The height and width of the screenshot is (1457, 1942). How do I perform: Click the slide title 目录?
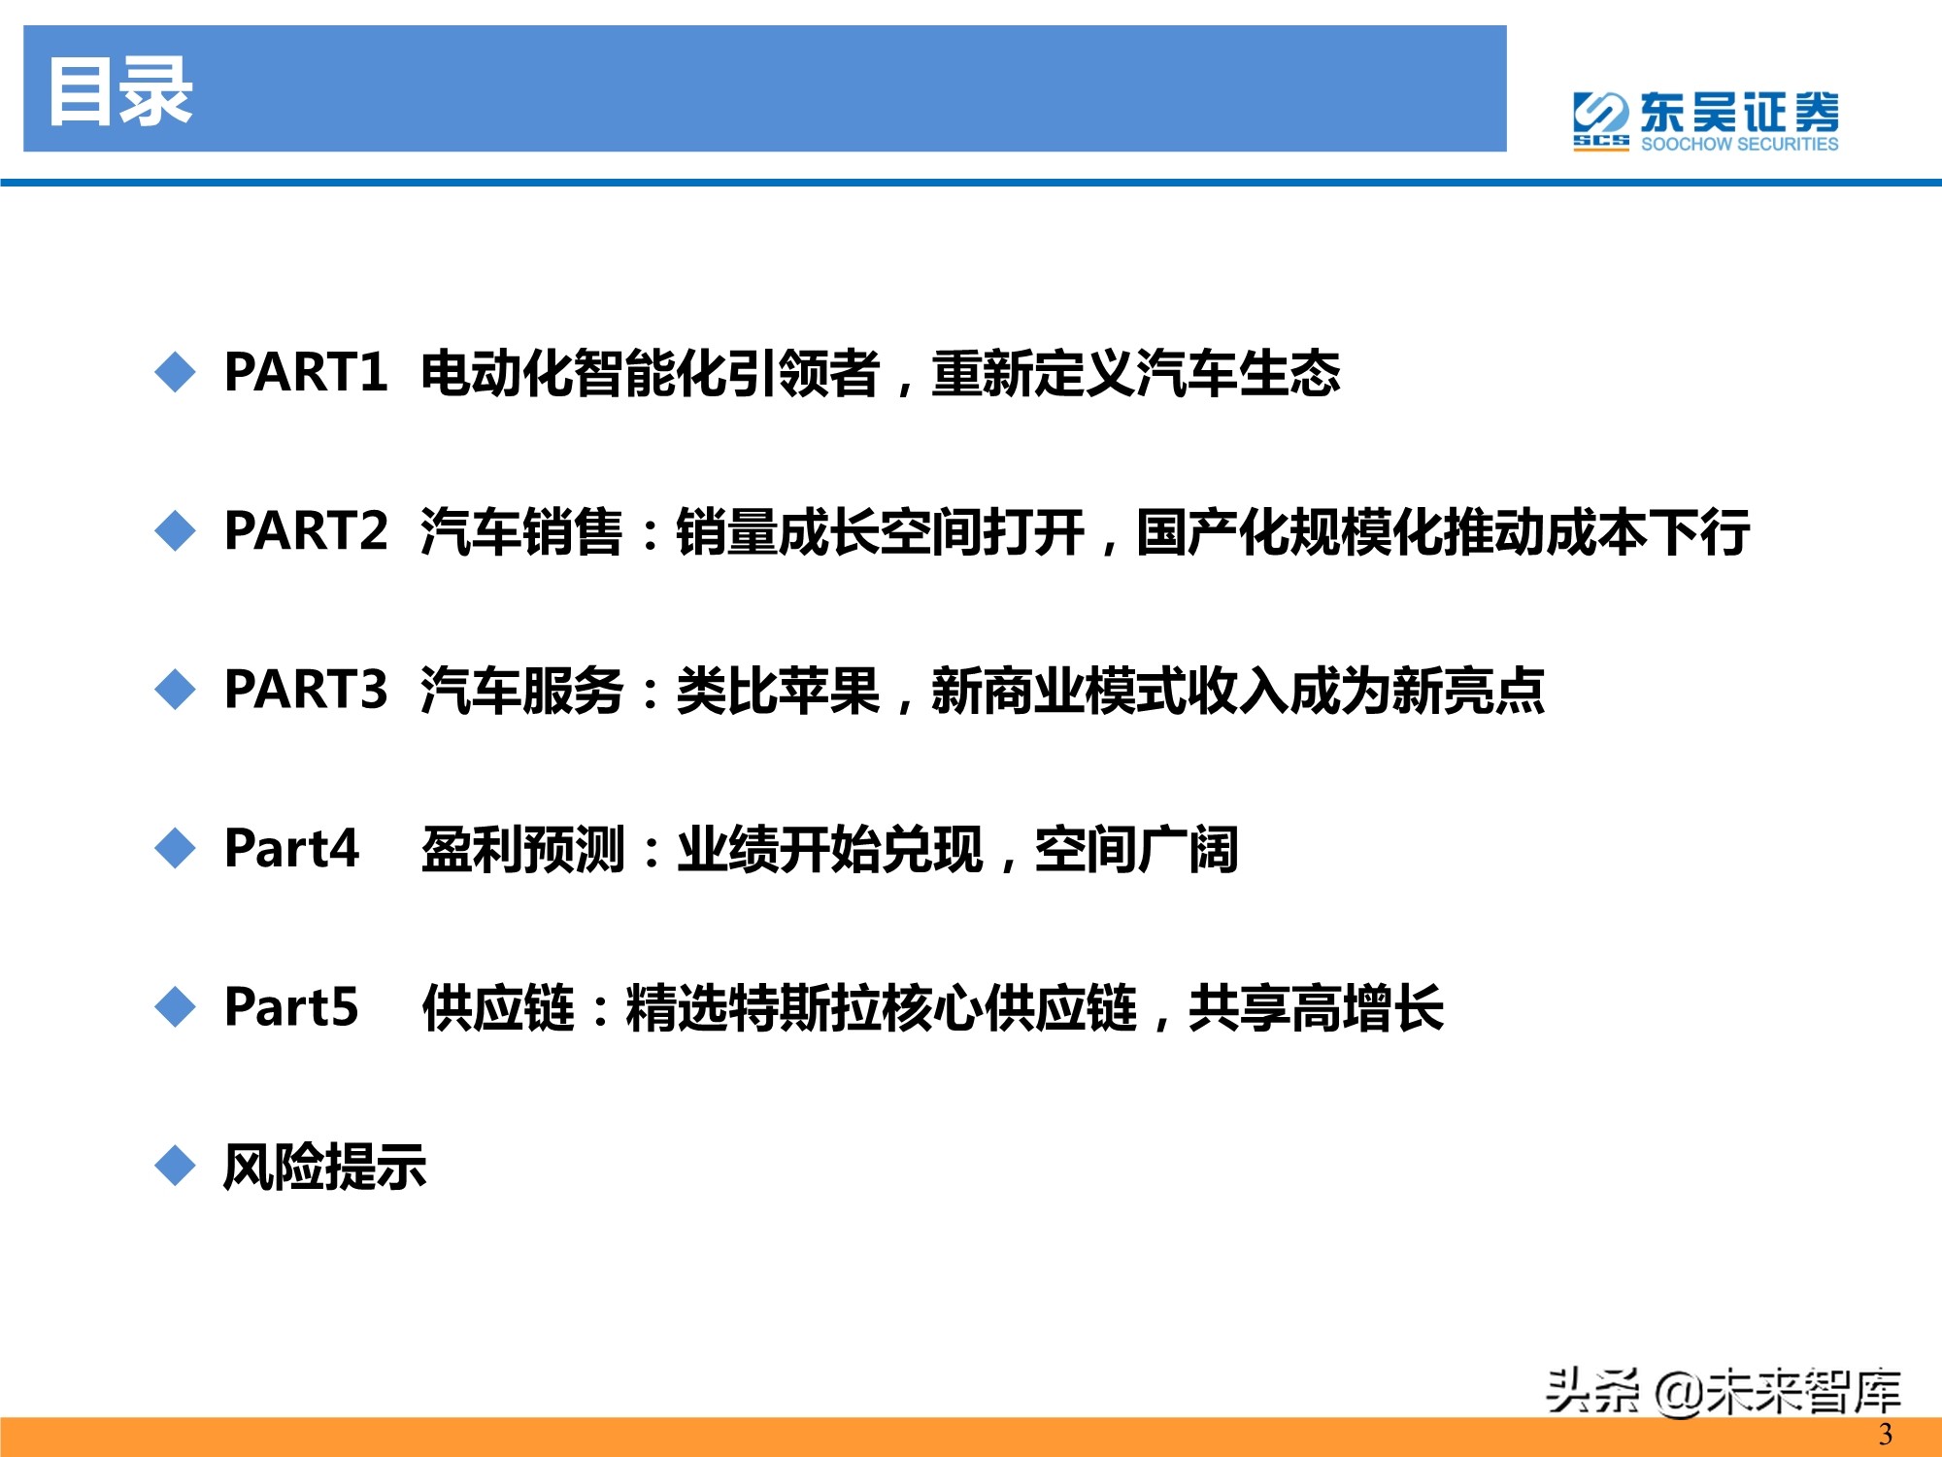click(x=120, y=91)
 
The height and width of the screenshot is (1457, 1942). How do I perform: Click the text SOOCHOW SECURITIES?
click(x=1739, y=144)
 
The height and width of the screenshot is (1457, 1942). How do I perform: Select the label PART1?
click(x=306, y=372)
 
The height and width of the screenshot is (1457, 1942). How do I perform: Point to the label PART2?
click(x=306, y=531)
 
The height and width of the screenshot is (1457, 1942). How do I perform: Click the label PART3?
click(x=306, y=690)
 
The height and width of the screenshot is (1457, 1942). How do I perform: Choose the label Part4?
click(x=291, y=848)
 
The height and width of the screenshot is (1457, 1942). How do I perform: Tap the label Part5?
click(x=291, y=1006)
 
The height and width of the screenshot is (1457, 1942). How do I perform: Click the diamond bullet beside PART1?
click(x=175, y=372)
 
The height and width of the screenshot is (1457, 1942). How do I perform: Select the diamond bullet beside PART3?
click(x=175, y=690)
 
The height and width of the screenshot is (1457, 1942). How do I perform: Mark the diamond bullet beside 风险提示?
click(x=175, y=1165)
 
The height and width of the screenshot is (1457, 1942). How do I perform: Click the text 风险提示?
click(x=324, y=1166)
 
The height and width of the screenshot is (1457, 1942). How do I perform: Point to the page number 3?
click(x=1885, y=1435)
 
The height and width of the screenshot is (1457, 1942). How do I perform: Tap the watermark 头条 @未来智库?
click(x=1723, y=1391)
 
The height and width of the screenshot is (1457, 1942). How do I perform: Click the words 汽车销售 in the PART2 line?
click(x=521, y=532)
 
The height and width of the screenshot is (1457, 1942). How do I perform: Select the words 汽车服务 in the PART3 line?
click(x=521, y=691)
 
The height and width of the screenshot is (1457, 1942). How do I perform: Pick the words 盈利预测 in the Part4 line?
click(x=521, y=849)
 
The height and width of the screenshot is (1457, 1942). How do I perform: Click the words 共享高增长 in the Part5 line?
click(x=1316, y=1007)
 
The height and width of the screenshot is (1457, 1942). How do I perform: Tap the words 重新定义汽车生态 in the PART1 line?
click(x=1135, y=373)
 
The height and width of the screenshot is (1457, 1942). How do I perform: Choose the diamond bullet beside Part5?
click(x=175, y=1006)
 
